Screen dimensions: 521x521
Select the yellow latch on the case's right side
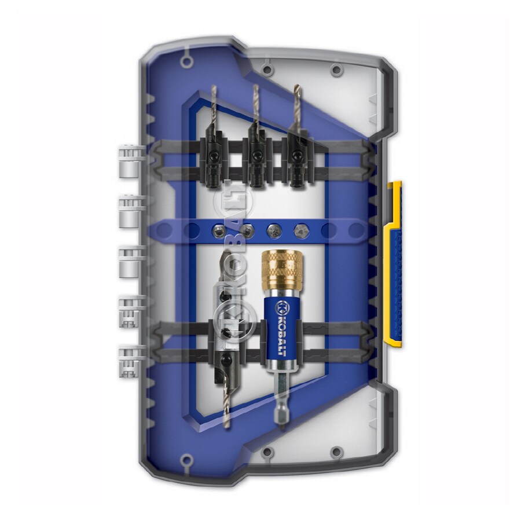pos(394,263)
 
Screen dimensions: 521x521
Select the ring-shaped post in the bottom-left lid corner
pos(187,461)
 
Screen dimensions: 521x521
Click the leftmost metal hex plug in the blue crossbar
pos(215,229)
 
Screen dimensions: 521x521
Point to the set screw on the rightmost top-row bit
pos(299,155)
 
